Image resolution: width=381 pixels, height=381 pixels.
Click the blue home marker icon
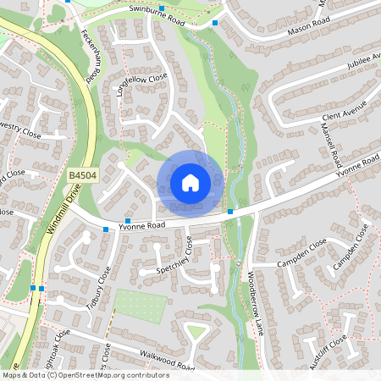click(x=190, y=183)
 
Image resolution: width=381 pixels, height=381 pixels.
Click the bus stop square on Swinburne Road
click(x=215, y=23)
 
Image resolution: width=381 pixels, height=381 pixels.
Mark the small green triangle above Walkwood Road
click(x=196, y=332)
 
